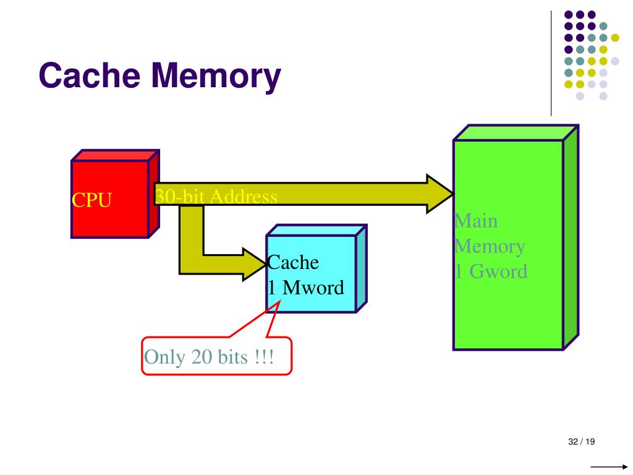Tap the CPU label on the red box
pos(91,200)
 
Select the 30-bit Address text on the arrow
pos(216,197)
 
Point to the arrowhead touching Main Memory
pos(440,194)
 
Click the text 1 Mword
pos(305,288)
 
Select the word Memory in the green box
pos(490,246)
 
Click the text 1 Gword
pos(491,271)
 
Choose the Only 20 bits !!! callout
pos(216,356)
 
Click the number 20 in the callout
pos(202,357)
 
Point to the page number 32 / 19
pos(580,442)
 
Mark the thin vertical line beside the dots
pos(551,62)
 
